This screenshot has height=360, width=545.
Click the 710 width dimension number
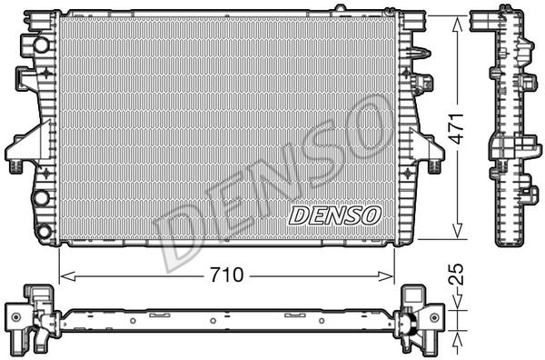coord(226,275)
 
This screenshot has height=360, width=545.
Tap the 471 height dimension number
coord(456,128)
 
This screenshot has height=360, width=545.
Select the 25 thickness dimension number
coord(456,275)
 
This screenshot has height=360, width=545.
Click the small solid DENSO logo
coord(334,215)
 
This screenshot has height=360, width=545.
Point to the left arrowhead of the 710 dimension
coord(67,276)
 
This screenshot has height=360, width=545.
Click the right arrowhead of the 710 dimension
coord(386,276)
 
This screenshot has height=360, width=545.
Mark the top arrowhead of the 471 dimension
coord(458,24)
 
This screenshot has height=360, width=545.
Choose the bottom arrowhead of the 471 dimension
coord(458,231)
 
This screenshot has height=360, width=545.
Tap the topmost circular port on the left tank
coord(42,45)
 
